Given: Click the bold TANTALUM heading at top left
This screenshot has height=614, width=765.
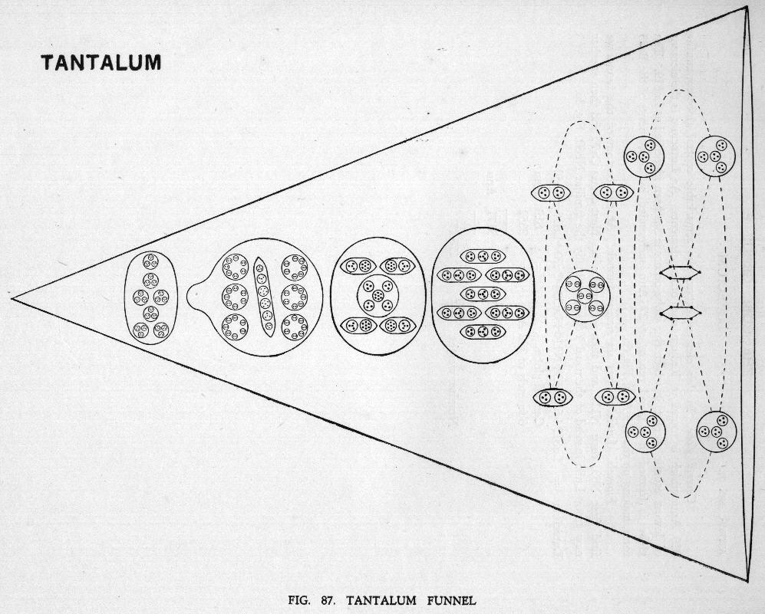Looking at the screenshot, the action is click(101, 62).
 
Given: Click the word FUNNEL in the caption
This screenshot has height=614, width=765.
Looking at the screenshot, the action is click(451, 600).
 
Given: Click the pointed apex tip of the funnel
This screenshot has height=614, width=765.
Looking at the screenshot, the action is click(12, 297).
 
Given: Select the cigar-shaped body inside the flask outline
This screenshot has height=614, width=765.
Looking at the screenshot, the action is click(264, 297).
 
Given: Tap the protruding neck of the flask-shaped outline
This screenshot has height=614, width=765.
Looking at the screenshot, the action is click(198, 296).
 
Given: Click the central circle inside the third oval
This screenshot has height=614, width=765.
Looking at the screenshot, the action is click(378, 295).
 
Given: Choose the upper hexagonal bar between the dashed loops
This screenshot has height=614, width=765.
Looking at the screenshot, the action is click(679, 273).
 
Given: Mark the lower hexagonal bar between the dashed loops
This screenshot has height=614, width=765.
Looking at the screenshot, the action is click(679, 312).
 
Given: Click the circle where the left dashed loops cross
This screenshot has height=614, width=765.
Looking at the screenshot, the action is click(585, 296).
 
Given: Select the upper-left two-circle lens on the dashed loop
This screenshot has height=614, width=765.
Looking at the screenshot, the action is click(551, 193).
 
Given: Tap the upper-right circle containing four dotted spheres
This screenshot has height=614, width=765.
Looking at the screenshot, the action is click(715, 156).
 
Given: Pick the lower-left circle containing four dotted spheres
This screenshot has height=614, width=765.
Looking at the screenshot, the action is click(645, 432).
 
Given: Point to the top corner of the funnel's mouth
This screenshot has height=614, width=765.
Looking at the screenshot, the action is click(747, 7).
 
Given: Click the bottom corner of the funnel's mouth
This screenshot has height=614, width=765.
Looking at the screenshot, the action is click(747, 580).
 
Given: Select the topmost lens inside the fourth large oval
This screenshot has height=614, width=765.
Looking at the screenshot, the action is click(483, 256).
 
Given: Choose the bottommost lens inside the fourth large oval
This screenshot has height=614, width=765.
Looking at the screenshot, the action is click(483, 331).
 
